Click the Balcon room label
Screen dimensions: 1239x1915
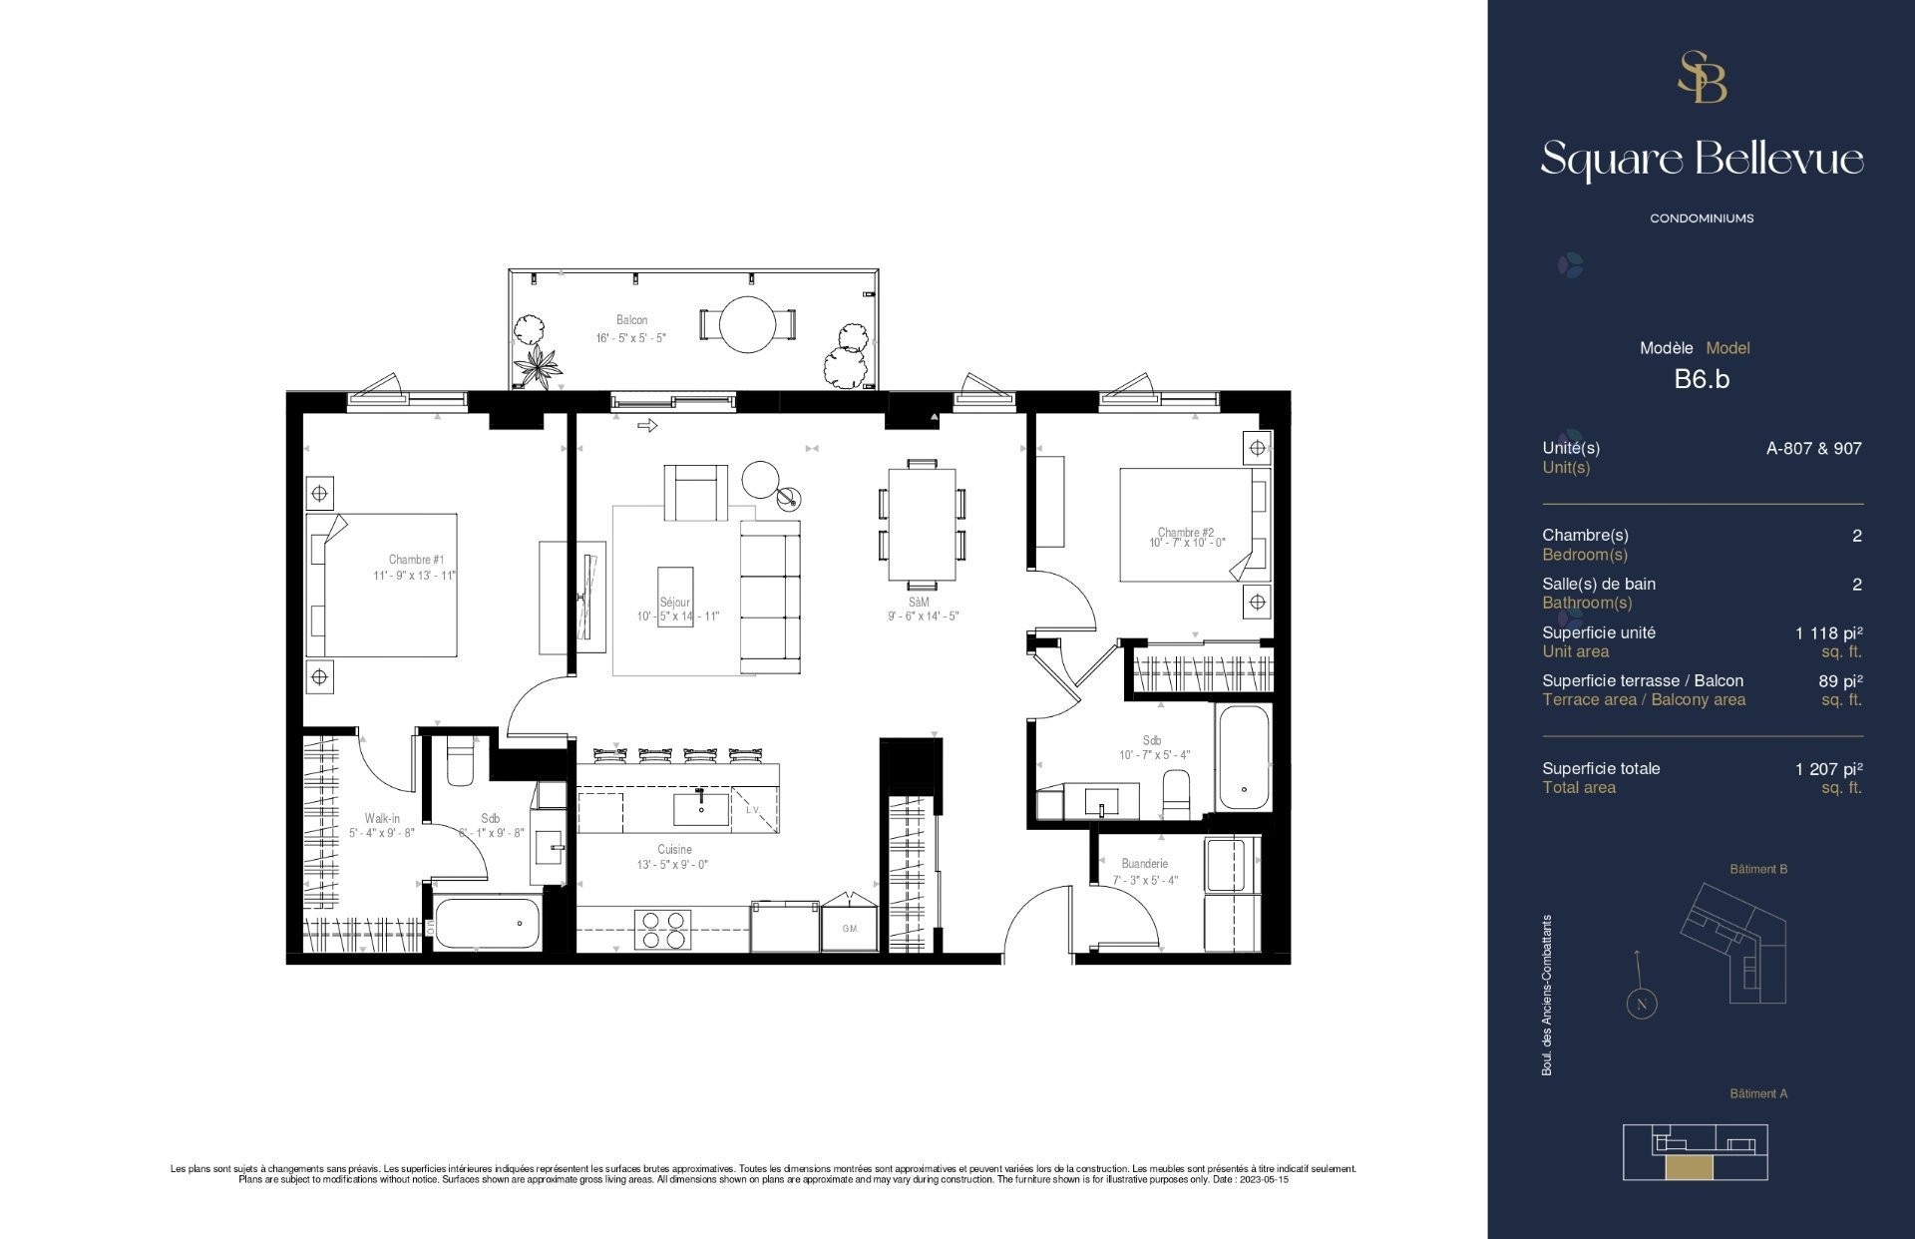[631, 320]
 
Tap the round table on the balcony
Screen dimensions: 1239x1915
[747, 324]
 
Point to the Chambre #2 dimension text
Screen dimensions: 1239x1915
[1187, 544]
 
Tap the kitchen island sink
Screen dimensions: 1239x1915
[700, 807]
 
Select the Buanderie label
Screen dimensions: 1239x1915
[1144, 864]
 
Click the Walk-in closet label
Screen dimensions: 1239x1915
[381, 818]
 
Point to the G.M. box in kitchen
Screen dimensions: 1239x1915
[850, 929]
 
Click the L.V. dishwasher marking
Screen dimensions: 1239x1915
[753, 810]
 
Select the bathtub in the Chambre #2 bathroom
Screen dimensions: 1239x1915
[1243, 758]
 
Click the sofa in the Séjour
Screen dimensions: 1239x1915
[770, 597]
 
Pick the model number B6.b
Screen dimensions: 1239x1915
[1702, 379]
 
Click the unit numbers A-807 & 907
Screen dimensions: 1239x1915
[1813, 449]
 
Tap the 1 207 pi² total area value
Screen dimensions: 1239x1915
[1828, 769]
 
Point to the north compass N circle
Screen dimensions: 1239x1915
[1641, 1004]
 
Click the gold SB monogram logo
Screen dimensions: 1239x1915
[1702, 78]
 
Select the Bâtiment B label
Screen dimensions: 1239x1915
[1757, 870]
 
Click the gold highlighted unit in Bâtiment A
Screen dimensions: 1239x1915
[1688, 1169]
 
